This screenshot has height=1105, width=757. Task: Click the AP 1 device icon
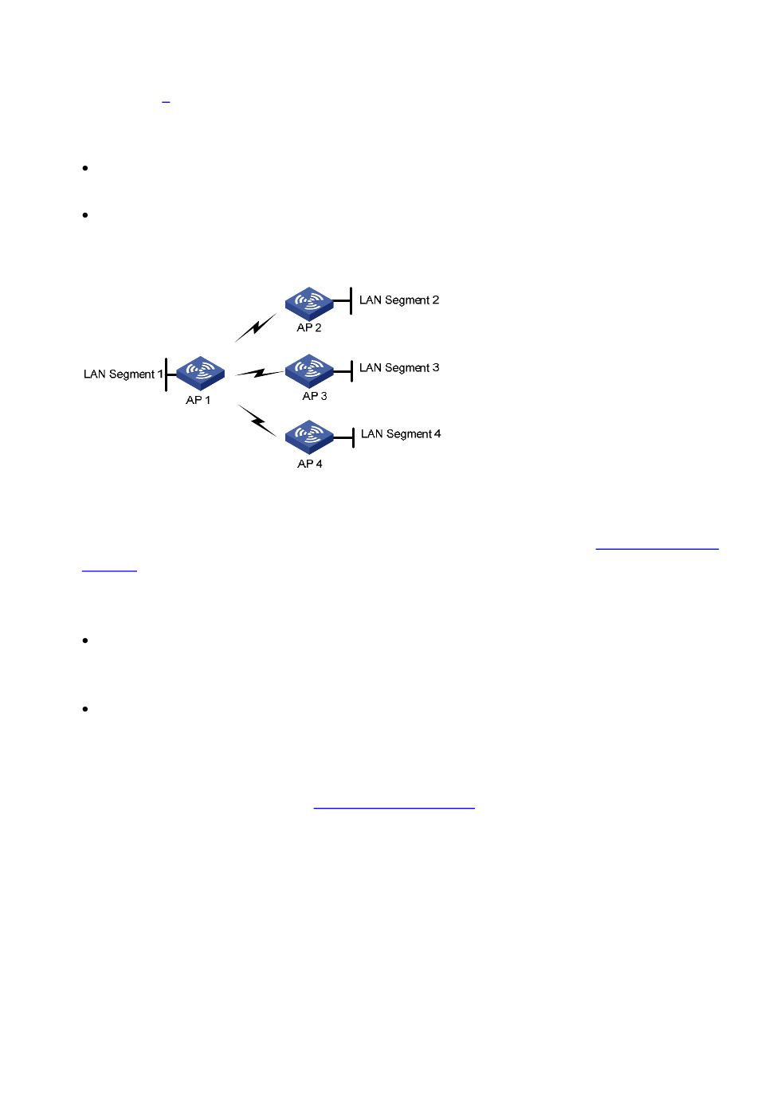pyautogui.click(x=200, y=374)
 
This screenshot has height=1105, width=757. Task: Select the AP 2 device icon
pyautogui.click(x=309, y=304)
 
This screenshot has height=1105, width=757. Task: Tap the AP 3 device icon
pyautogui.click(x=309, y=371)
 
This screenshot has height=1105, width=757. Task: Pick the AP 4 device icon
pyautogui.click(x=309, y=437)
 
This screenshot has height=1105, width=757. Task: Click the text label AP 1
pyautogui.click(x=198, y=400)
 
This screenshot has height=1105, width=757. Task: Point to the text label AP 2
pyautogui.click(x=309, y=327)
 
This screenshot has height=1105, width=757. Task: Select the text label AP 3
pyautogui.click(x=314, y=396)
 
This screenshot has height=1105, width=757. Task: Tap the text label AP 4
pyautogui.click(x=309, y=464)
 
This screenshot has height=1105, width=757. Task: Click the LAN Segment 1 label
pyautogui.click(x=124, y=374)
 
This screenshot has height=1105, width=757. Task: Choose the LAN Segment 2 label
pyautogui.click(x=399, y=300)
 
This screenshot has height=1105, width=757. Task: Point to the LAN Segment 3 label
pyautogui.click(x=399, y=368)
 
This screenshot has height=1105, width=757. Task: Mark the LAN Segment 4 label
pyautogui.click(x=401, y=434)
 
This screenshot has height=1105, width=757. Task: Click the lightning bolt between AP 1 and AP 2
pyautogui.click(x=255, y=327)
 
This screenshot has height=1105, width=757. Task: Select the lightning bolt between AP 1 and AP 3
pyautogui.click(x=260, y=373)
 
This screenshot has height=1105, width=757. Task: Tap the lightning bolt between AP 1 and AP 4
pyautogui.click(x=257, y=421)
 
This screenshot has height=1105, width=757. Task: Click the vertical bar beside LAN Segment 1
pyautogui.click(x=167, y=374)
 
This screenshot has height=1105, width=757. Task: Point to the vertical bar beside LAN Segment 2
pyautogui.click(x=351, y=300)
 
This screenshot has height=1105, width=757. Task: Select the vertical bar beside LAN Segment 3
pyautogui.click(x=351, y=371)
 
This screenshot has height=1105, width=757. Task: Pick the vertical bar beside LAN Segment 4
pyautogui.click(x=353, y=437)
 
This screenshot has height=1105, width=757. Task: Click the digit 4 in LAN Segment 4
pyautogui.click(x=437, y=433)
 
